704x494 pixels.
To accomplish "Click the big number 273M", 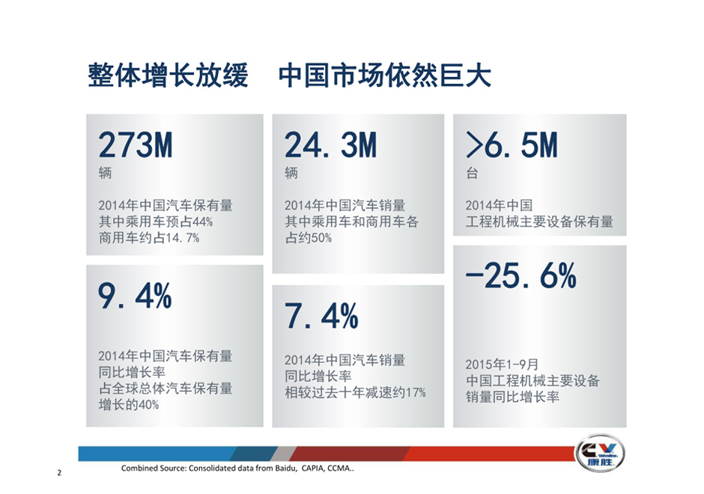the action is point(135,145).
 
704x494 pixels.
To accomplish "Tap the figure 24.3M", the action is point(330,145).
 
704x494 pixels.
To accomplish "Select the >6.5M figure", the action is point(512,145).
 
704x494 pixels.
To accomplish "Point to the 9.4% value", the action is point(135,296).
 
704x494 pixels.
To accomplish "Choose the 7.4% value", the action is point(321,316).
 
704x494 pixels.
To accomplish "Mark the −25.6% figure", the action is point(521,275).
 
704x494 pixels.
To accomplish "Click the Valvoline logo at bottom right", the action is point(600,453).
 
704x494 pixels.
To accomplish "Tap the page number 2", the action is point(59,472).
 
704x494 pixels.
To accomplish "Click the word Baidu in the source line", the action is point(285,469).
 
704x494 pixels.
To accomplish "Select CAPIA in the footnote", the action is point(313,469).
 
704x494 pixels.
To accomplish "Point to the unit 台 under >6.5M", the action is point(472,173).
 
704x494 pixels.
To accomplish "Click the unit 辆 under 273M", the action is point(105,173).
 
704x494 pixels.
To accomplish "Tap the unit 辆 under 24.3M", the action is point(291,173).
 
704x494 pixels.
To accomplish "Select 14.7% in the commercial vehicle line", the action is point(182,238).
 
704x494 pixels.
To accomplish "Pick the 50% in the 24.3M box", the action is point(321,238).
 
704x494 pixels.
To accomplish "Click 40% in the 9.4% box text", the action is point(148,405).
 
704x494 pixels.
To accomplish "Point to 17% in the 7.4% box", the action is point(416,393).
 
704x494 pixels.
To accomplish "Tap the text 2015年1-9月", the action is point(502,365).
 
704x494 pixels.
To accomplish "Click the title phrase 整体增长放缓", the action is point(168,75).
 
